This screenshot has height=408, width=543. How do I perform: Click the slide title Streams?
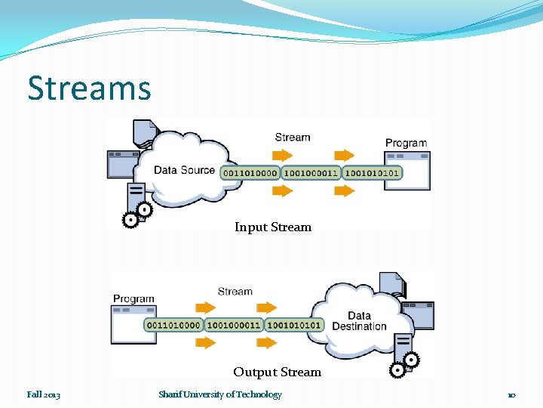89,88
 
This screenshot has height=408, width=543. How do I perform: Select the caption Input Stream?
272,227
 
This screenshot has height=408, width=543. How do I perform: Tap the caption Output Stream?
277,372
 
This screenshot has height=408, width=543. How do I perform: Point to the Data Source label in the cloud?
184,170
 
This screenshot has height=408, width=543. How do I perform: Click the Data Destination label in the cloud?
359,321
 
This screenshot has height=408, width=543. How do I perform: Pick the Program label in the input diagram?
406,143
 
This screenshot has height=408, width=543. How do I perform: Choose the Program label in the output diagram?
133,298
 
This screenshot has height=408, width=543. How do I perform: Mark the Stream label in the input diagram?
293,138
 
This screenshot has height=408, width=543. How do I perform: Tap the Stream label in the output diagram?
235,291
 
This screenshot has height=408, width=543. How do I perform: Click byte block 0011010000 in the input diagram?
250,172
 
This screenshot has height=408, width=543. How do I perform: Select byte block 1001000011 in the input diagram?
311,172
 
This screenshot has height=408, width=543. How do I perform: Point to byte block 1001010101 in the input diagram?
372,172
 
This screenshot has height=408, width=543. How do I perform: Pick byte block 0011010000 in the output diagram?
173,325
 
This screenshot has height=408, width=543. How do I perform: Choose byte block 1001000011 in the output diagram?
234,325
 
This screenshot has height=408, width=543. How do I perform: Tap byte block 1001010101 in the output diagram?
294,325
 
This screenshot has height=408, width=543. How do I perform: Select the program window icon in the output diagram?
133,325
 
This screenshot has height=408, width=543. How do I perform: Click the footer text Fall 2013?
44,394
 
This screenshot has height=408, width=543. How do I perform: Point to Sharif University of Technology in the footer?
220,394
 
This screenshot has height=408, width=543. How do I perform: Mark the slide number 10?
511,395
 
